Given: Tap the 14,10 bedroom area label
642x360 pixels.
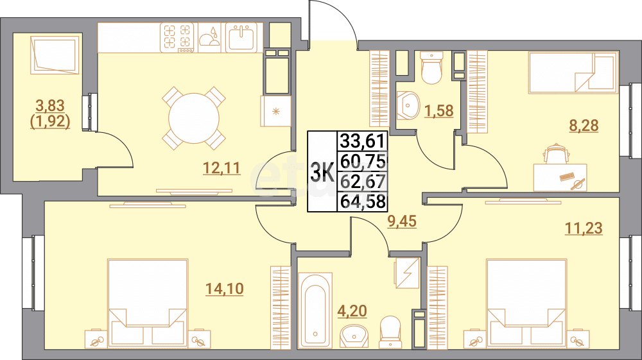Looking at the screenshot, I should [x=224, y=289].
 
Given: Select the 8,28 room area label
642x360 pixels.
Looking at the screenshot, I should [x=584, y=125].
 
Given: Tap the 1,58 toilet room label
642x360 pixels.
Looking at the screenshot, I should [x=439, y=110].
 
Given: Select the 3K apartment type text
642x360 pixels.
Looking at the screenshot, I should [x=322, y=173].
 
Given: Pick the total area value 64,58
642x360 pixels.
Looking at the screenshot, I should [x=363, y=201].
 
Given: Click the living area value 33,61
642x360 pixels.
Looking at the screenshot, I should [x=363, y=140].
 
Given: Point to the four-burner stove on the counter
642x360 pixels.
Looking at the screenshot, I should [x=178, y=37].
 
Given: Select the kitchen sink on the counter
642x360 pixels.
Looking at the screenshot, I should [x=242, y=37].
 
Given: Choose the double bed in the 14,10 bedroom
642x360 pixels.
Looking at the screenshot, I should [x=148, y=302].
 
